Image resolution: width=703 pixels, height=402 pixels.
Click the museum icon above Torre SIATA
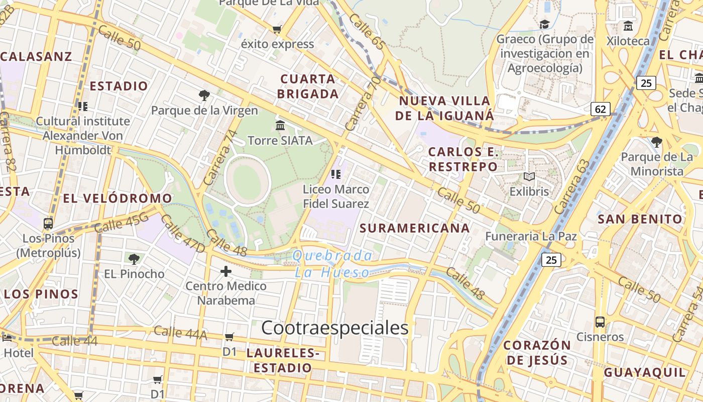(280, 125)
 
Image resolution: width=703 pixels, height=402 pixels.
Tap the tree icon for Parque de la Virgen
(204, 95)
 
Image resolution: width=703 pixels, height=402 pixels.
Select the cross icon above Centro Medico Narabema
(226, 271)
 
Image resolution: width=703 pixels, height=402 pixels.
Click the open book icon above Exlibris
(529, 176)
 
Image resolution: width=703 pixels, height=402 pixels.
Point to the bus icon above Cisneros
(600, 322)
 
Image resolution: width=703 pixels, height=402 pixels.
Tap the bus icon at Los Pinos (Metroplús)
(48, 223)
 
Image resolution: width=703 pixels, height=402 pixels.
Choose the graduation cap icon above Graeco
(544, 24)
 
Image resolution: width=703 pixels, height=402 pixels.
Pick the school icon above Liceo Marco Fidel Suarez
(336, 174)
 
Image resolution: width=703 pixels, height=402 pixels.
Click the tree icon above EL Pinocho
(134, 259)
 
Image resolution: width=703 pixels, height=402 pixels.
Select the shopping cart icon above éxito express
(277, 29)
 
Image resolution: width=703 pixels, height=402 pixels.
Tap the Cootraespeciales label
(335, 328)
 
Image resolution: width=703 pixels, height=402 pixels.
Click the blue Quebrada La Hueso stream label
(332, 264)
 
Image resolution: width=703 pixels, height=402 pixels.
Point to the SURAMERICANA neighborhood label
(415, 228)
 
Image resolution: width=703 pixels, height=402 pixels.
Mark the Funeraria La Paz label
(531, 236)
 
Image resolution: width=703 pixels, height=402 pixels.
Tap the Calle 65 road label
(367, 32)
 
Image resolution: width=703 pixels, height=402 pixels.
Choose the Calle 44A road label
(180, 332)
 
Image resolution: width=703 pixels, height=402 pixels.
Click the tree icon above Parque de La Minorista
(656, 142)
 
